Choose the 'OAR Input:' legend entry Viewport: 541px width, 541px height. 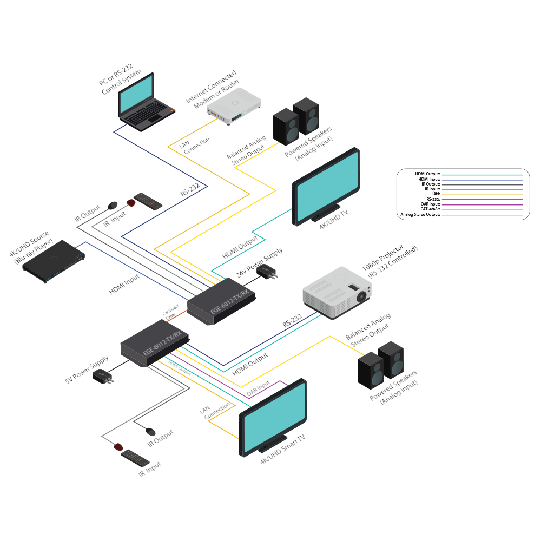[x=431, y=204]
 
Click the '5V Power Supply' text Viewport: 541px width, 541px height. [x=87, y=369]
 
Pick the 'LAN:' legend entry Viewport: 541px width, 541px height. [x=436, y=194]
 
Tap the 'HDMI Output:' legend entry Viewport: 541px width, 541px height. [x=427, y=174]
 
